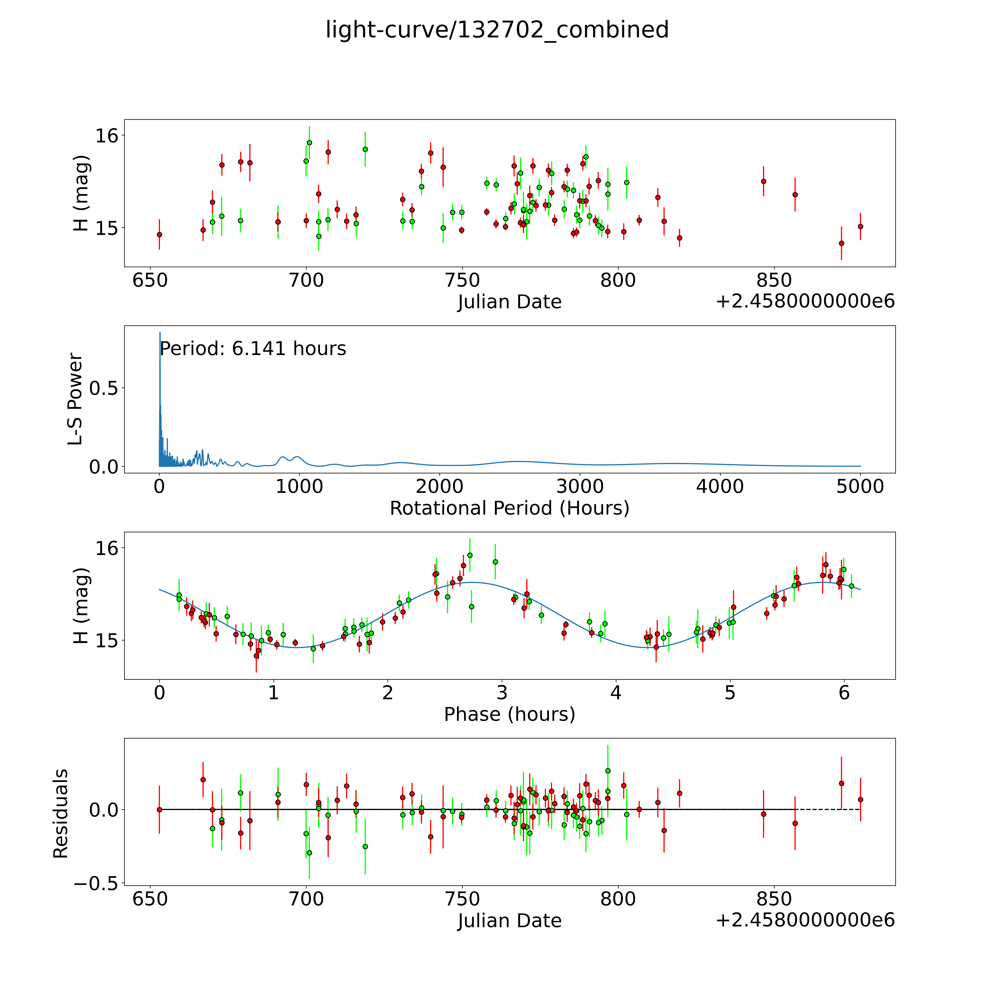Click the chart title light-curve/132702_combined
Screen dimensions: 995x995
(497, 30)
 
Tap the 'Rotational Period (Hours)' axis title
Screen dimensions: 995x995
(509, 508)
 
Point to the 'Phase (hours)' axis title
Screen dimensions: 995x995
(509, 714)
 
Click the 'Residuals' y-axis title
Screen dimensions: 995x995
(61, 814)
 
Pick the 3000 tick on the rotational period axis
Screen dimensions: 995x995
(580, 487)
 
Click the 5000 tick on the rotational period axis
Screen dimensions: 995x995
(860, 487)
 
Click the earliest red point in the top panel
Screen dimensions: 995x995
(159, 234)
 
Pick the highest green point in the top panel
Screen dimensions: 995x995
(309, 143)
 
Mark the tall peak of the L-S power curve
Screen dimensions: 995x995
(160, 334)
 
